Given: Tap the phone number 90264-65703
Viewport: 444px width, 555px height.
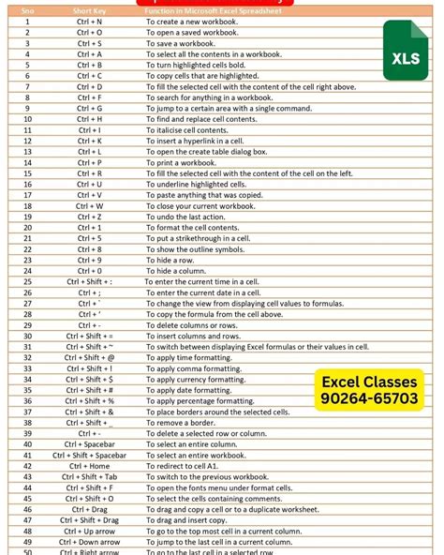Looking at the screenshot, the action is tap(370, 398).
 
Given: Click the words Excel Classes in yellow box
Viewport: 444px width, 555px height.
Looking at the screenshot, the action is tap(370, 382).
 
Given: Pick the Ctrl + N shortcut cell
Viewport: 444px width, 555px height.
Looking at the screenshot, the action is tap(90, 21).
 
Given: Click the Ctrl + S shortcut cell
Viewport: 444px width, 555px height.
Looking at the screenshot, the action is tap(90, 43).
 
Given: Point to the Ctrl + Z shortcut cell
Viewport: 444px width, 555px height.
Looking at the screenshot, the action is tap(90, 217).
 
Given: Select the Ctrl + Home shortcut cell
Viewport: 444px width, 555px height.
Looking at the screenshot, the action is tap(90, 466).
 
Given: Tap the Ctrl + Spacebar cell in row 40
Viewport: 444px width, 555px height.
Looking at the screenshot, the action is tap(90, 443).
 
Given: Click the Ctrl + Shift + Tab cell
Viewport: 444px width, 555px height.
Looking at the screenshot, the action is tap(90, 477).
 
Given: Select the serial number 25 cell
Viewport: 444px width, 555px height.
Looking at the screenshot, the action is tap(27, 281).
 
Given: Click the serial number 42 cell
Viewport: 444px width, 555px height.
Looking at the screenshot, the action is tap(27, 466).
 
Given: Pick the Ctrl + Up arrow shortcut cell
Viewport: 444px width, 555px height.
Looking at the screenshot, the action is tap(90, 531).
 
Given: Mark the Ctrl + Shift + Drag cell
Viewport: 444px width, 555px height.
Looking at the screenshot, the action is tap(90, 519).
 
